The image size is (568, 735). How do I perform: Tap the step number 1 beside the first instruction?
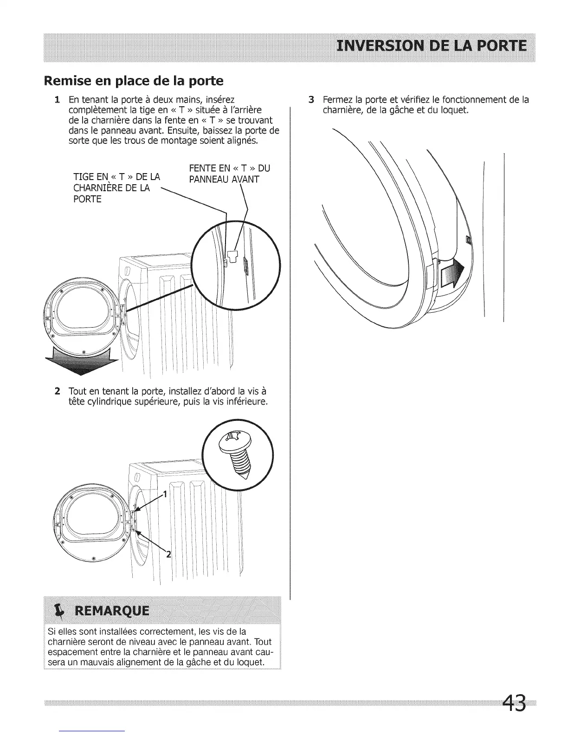57,100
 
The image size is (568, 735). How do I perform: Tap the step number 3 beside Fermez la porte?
311,100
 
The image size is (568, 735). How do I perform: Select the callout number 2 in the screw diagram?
168,553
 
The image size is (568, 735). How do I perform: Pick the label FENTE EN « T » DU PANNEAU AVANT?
229,174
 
